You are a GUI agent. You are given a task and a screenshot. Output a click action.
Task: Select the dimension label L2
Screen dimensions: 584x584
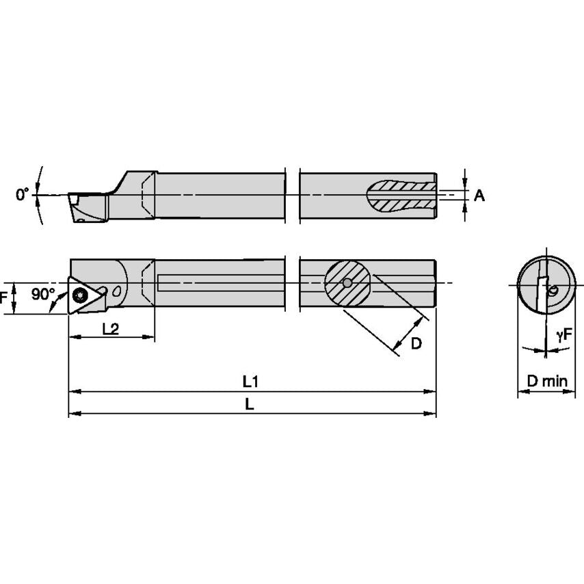pyautogui.click(x=110, y=328)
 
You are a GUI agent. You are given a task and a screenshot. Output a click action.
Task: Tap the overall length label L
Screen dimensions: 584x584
pyautogui.click(x=250, y=404)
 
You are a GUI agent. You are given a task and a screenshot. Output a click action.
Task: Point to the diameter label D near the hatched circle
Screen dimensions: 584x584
pyautogui.click(x=416, y=343)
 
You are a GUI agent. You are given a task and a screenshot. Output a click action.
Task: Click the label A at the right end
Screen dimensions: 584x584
pyautogui.click(x=479, y=196)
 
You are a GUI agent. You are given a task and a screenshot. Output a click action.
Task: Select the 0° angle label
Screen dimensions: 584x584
pyautogui.click(x=23, y=195)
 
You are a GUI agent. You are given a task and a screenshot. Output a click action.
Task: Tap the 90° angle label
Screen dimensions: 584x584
pyautogui.click(x=42, y=294)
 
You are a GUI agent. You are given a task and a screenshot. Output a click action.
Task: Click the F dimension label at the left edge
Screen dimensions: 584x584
pyautogui.click(x=4, y=298)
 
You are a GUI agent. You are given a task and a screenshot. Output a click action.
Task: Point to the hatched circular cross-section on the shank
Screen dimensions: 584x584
pyautogui.click(x=347, y=282)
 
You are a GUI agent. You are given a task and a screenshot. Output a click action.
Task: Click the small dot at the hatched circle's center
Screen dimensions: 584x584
pyautogui.click(x=347, y=282)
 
